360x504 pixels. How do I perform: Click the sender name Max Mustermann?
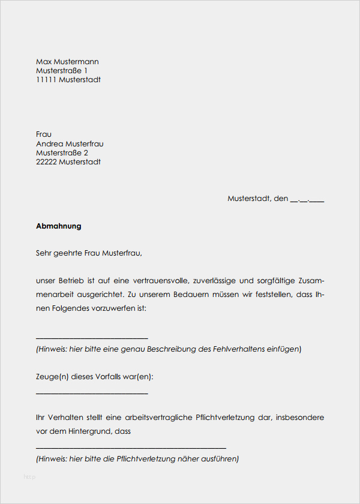[x=67, y=62]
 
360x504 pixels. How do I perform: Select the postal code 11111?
[x=46, y=80]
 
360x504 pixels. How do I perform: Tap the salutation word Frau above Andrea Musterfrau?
[x=44, y=134]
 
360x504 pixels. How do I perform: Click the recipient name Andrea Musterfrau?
[x=70, y=144]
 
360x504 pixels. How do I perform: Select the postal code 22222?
[x=46, y=162]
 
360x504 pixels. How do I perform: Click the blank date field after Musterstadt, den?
[x=307, y=199]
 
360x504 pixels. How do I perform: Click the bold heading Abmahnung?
[x=58, y=226]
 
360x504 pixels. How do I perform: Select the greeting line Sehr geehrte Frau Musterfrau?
[x=89, y=253]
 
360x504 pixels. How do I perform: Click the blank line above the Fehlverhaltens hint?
[x=92, y=337]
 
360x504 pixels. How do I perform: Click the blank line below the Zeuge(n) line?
[x=92, y=393]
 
